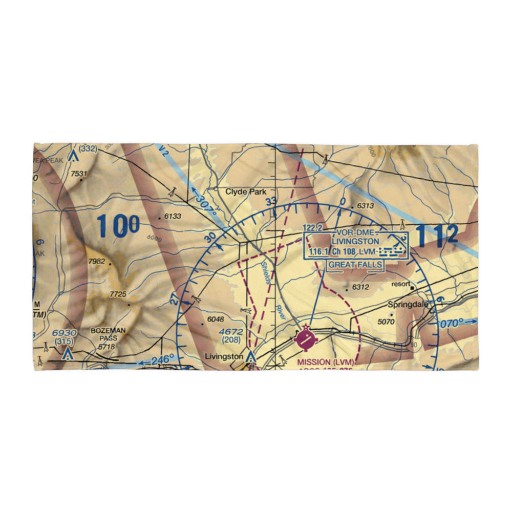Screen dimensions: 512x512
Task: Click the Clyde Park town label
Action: tap(246, 192)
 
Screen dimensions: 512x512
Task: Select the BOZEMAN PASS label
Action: tap(105, 334)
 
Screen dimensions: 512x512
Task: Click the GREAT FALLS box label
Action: tap(355, 265)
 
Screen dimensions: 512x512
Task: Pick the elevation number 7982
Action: tap(96, 262)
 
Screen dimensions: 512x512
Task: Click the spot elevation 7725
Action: tap(118, 294)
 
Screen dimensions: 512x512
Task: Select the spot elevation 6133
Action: tap(173, 217)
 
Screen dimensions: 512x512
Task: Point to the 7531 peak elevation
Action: tap(79, 174)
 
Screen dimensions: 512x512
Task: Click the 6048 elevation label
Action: tap(216, 320)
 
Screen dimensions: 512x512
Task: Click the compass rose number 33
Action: tap(271, 201)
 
